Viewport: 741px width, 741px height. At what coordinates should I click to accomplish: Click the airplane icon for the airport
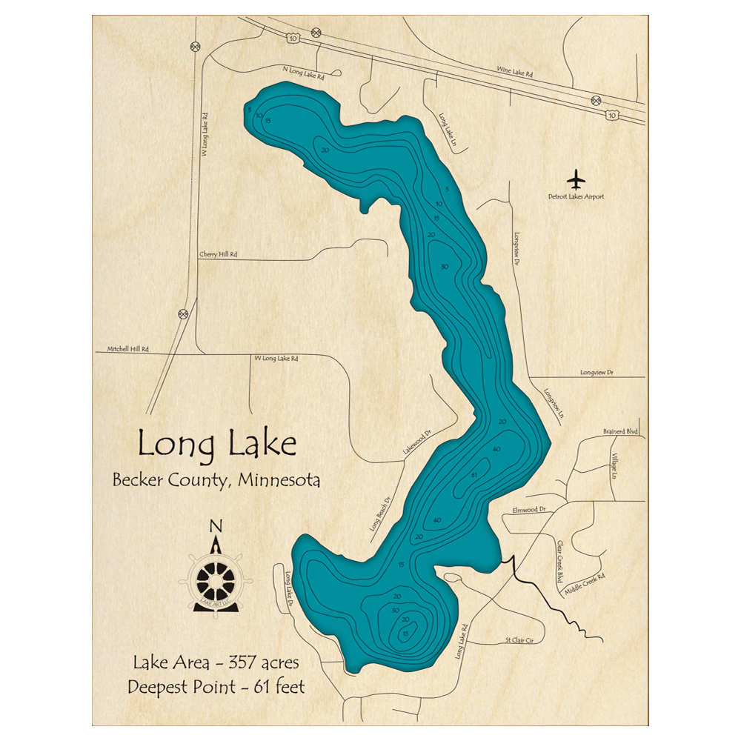(576, 180)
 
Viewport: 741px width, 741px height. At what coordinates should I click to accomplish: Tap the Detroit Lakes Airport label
(576, 197)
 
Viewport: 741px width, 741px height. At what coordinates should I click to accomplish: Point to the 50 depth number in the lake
(445, 267)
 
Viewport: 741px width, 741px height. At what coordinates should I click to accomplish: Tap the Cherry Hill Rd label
(219, 254)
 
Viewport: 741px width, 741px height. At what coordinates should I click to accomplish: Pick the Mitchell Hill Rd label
(128, 348)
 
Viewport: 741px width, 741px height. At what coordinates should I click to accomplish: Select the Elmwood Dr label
(528, 510)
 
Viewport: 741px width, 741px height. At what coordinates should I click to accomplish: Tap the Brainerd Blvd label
(620, 431)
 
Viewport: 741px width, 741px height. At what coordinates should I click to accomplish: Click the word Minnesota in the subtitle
(279, 480)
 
